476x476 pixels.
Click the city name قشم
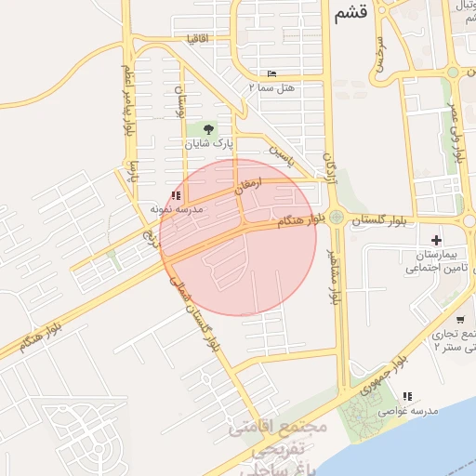coord(350,13)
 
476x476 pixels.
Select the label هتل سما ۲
coord(271,86)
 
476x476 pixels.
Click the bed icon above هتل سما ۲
coord(271,73)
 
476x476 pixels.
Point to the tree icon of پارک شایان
coord(206,129)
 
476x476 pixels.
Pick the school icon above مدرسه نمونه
coord(177,195)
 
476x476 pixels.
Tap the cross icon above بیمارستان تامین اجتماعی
coord(437,240)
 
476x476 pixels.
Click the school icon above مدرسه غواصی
coord(406,396)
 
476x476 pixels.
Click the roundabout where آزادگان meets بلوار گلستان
coord(337,218)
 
